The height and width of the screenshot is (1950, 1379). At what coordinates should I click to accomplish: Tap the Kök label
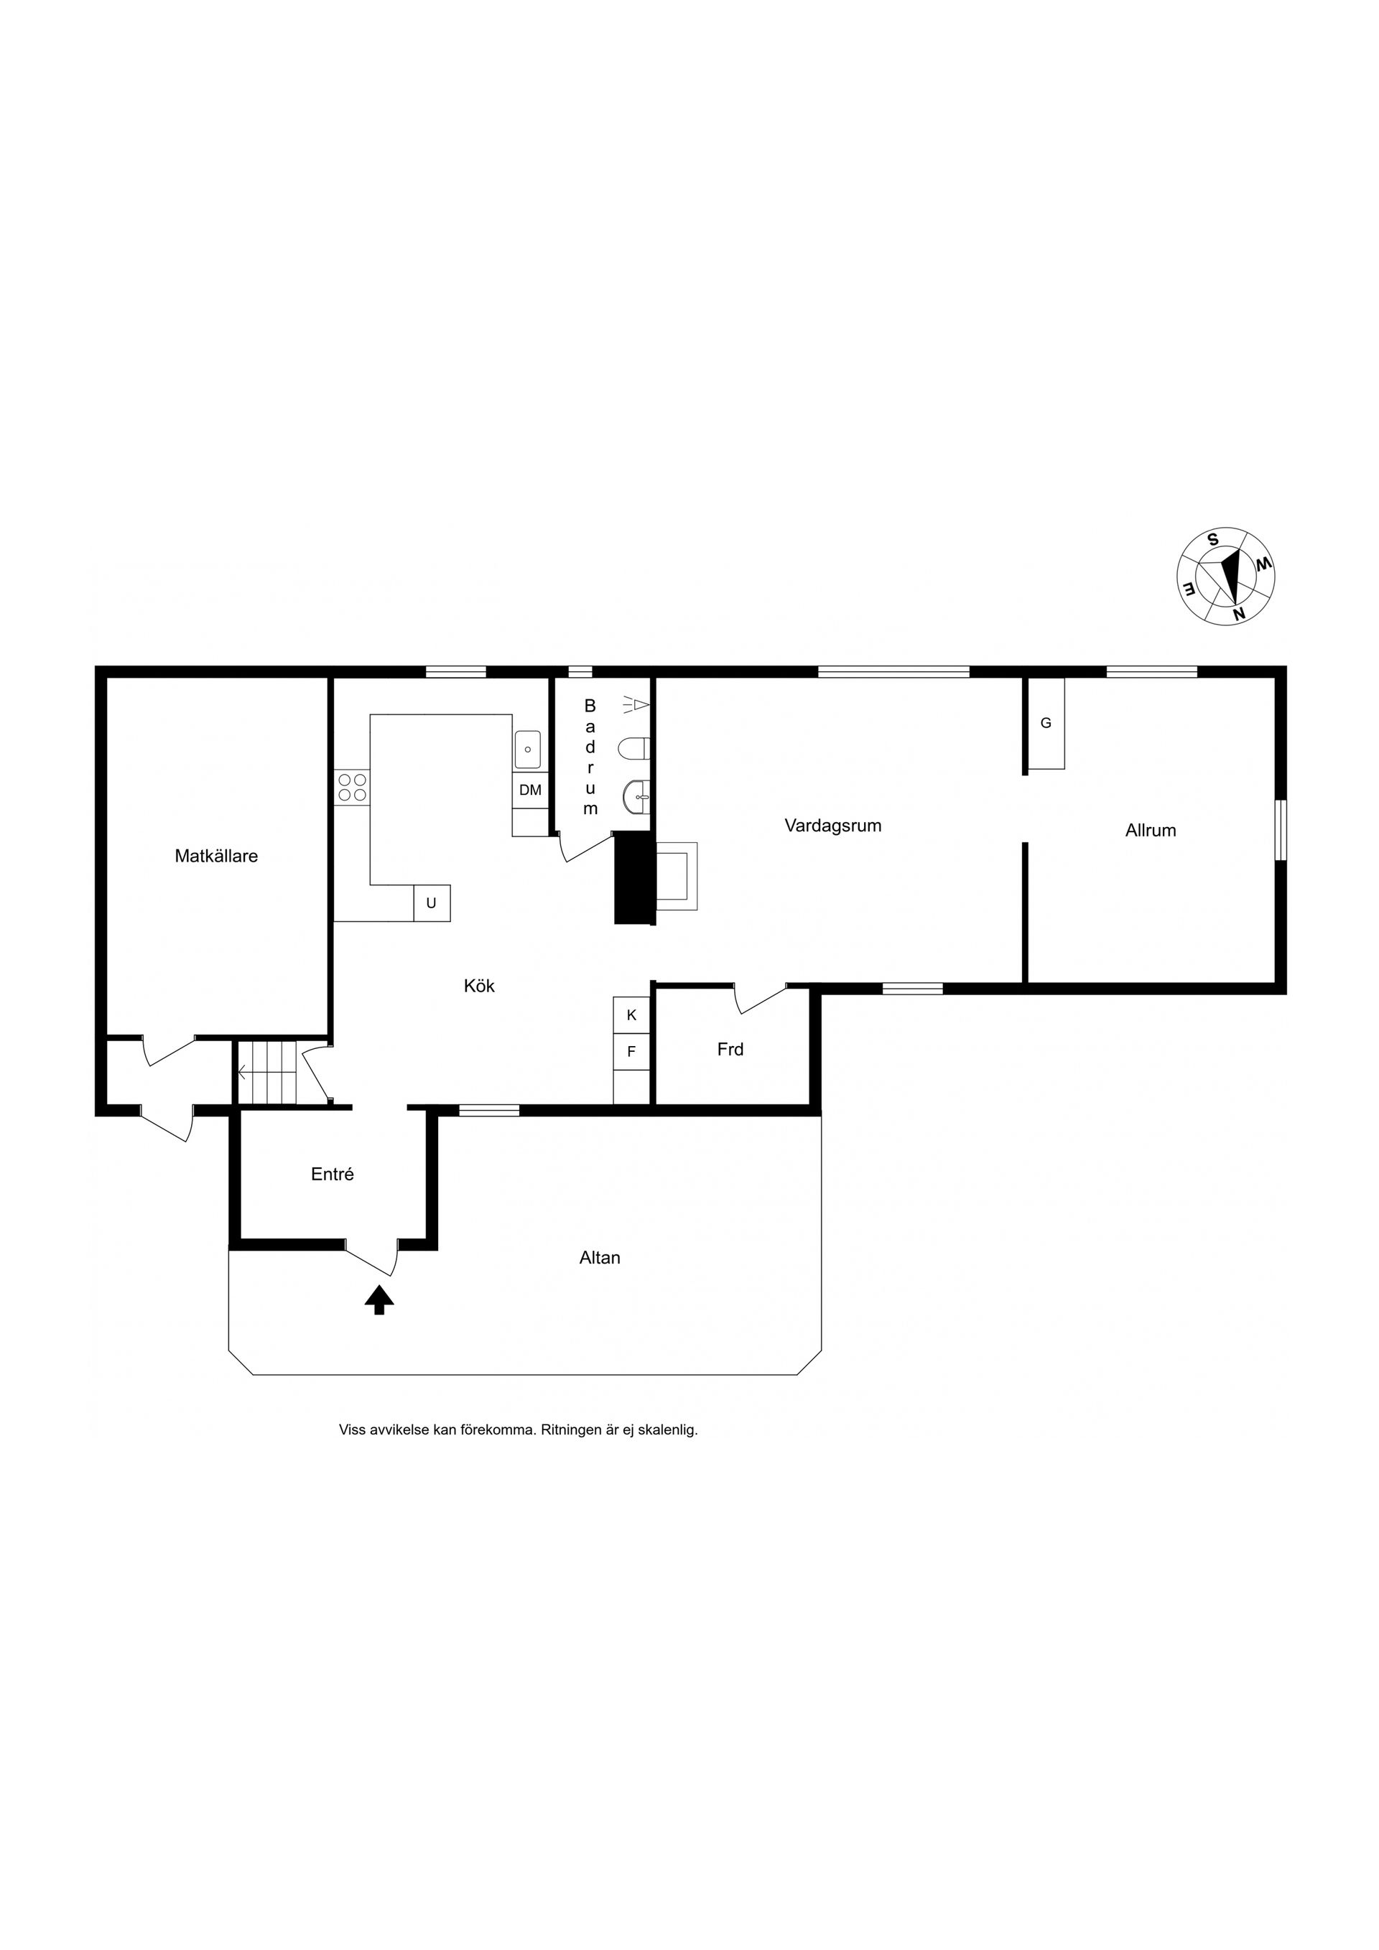(479, 986)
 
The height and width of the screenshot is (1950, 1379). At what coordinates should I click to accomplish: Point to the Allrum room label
(1151, 831)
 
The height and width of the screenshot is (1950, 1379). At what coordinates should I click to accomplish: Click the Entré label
(333, 1175)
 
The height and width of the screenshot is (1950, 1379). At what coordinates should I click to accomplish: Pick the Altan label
(600, 1258)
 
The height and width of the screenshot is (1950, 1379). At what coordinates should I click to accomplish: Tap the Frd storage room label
(730, 1050)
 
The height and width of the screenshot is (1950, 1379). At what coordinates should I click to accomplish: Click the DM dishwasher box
(530, 790)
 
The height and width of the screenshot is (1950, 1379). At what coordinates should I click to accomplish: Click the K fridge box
(631, 1015)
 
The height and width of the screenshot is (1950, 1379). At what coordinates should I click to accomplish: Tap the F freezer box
(631, 1051)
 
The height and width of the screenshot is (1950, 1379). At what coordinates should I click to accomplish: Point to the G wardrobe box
(1046, 723)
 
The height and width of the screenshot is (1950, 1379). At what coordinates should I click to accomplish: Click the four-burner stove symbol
(352, 788)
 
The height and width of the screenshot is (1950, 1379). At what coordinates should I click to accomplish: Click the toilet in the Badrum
(634, 749)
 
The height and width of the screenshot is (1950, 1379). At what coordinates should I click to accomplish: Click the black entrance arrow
(379, 1300)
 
